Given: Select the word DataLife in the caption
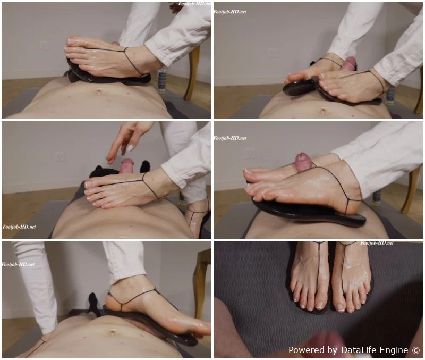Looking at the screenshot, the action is (358, 350).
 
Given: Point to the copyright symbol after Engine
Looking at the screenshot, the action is (416, 350).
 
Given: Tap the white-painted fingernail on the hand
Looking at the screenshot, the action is (130, 148).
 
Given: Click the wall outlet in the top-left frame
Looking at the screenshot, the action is (44, 45).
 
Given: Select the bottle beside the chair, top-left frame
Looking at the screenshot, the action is (161, 81).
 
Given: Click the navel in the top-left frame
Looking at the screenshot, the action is (98, 92).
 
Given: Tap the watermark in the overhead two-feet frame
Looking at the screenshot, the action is (377, 243).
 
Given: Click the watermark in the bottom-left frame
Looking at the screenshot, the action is (18, 264).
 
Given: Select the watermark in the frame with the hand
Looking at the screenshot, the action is (19, 227).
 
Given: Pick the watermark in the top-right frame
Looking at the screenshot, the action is (230, 12).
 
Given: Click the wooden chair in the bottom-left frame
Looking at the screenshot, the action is (201, 282).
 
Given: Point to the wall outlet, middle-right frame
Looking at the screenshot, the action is (249, 153).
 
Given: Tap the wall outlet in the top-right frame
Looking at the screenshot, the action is (273, 53).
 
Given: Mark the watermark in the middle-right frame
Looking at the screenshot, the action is (230, 138).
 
